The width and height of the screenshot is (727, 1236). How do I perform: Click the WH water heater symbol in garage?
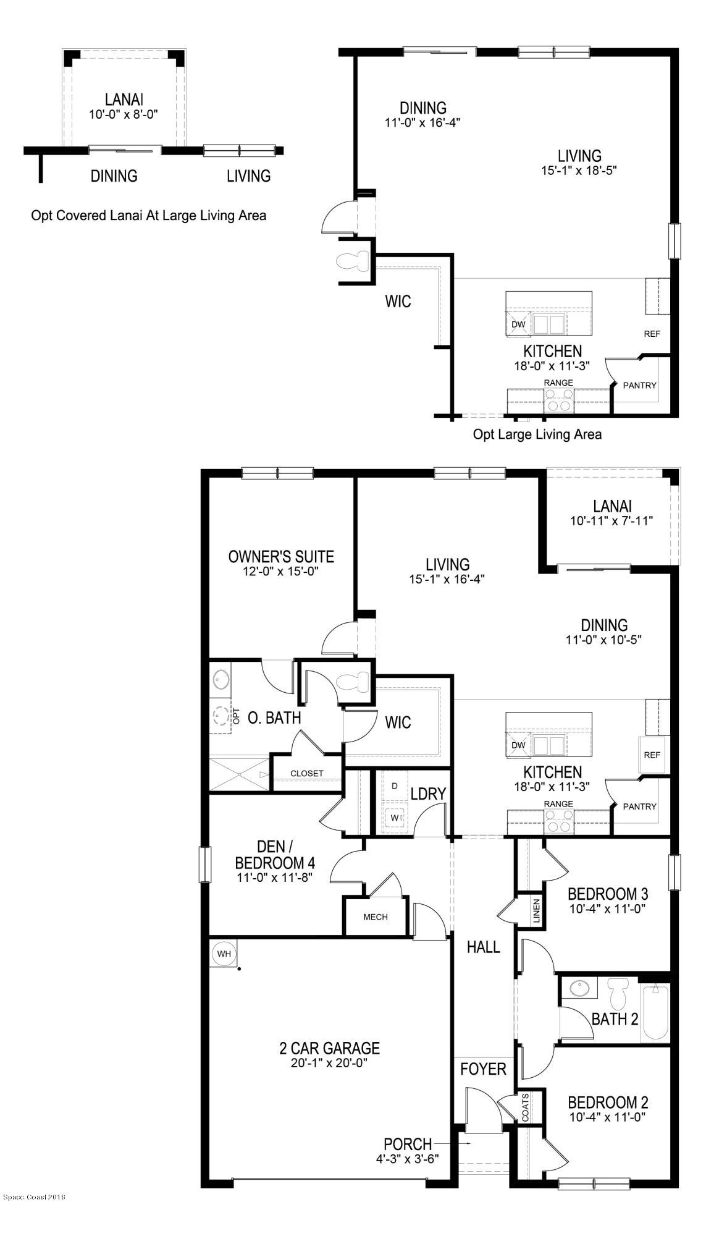coord(224,954)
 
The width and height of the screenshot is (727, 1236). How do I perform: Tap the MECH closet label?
coord(376,916)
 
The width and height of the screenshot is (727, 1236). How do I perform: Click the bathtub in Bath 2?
coord(655,1012)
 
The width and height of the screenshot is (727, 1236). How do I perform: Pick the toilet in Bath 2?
coord(617,994)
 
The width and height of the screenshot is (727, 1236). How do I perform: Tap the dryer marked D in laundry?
coord(395,786)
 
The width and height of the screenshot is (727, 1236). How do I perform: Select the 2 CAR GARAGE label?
coord(329,1048)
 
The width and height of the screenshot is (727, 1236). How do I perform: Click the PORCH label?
coord(407,1144)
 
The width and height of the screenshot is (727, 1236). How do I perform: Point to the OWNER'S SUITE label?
coord(281,557)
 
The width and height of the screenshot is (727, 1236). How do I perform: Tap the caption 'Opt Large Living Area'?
coord(537,434)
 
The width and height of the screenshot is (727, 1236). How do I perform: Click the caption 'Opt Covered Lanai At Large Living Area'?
coord(149,216)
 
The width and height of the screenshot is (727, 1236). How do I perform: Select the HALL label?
coord(484,947)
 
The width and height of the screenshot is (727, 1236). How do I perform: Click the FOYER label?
coord(484,1069)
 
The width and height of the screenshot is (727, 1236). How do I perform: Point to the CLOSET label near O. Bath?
coord(307,773)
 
